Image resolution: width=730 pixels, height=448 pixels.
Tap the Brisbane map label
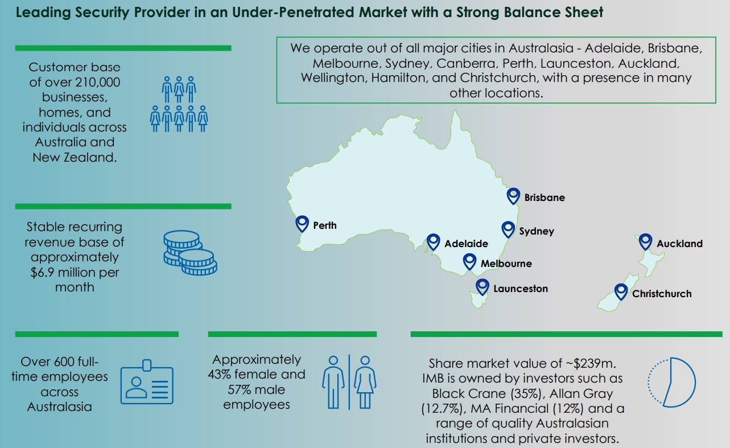click(x=545, y=198)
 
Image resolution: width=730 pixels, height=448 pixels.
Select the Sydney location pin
click(x=508, y=229)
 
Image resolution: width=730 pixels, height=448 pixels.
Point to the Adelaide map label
click(x=466, y=244)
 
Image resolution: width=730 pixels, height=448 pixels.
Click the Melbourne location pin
click(x=469, y=261)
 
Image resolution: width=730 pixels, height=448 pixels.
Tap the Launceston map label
click(x=521, y=289)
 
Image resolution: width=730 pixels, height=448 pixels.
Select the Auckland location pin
click(x=645, y=241)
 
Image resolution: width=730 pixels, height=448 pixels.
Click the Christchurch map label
click(x=662, y=294)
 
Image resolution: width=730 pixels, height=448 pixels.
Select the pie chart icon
click(x=672, y=382)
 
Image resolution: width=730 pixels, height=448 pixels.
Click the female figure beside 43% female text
click(x=365, y=382)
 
